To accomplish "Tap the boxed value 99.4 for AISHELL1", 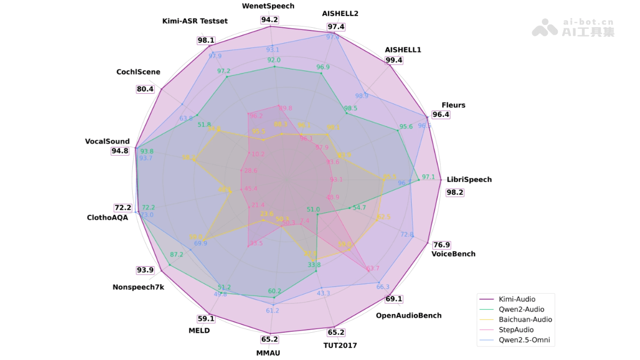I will pos(394,60).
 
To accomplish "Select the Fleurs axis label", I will pos(453,105).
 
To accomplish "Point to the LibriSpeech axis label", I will pos(469,180).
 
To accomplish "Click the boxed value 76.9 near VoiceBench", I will pos(441,245).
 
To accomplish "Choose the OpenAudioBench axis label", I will pos(409,315).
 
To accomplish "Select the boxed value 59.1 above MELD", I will pos(206,319).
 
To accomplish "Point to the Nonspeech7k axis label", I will pos(138,287).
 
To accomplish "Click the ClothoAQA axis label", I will pos(107,218).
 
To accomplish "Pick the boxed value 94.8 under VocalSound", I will pos(120,151).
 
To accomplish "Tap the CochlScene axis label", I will pos(138,72).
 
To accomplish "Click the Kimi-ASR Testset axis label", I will pos(195,21).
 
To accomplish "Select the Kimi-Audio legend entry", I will pos(517,299).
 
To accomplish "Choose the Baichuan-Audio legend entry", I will pos(525,319).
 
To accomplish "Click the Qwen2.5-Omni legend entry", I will pos(524,340).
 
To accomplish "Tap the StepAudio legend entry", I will pos(517,330).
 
